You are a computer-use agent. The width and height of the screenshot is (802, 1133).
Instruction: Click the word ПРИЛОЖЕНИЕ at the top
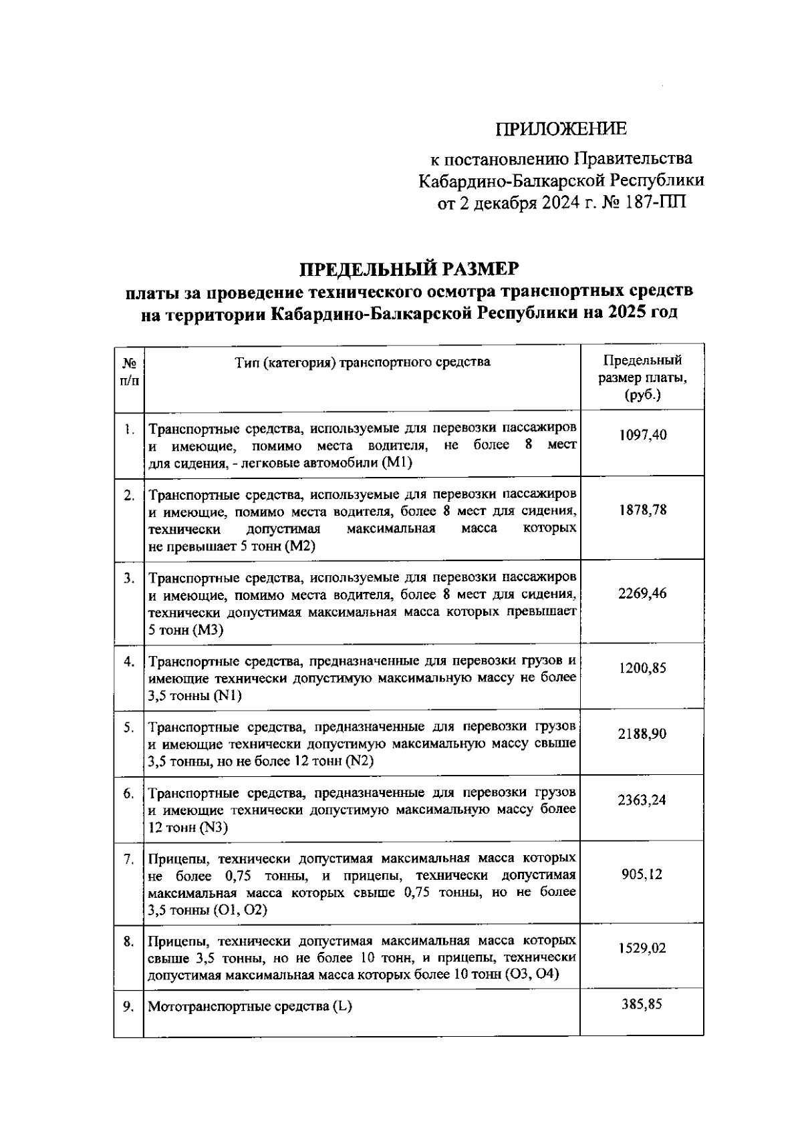pos(561,128)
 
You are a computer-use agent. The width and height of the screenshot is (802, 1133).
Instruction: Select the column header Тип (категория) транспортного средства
pos(362,362)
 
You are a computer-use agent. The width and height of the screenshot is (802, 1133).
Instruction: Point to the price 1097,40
pos(642,435)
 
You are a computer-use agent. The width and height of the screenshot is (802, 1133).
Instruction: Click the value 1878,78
pos(642,510)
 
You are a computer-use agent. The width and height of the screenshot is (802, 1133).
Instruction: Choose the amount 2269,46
pos(642,593)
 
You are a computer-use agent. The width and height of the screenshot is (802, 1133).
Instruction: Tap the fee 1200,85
pos(642,668)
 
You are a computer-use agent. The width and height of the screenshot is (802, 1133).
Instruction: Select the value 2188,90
pos(642,734)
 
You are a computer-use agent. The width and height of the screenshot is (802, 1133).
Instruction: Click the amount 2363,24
pos(642,800)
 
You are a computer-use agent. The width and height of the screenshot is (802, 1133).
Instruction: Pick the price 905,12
pos(642,874)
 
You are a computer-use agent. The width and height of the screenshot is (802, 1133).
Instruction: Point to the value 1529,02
pos(642,949)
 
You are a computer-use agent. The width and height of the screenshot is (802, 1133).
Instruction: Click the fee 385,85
pos(642,1004)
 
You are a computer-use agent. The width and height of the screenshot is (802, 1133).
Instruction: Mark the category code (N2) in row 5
pos(360,762)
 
